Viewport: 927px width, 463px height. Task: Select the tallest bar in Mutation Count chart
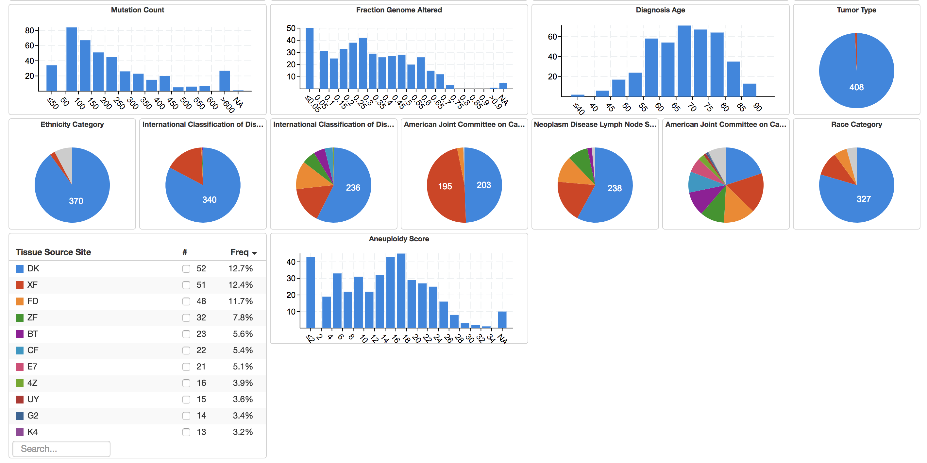[x=72, y=60]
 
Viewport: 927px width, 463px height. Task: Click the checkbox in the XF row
[x=186, y=285]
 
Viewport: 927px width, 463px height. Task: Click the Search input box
[x=61, y=449]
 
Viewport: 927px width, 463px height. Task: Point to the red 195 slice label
[x=445, y=186]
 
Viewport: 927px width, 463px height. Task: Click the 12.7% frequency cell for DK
[x=240, y=268]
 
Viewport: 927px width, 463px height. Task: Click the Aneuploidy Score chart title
[x=399, y=239]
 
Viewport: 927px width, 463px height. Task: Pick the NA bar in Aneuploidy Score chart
[x=502, y=320]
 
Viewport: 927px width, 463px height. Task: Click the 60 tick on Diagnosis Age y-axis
[x=552, y=37]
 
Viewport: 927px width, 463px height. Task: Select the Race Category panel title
[x=856, y=125]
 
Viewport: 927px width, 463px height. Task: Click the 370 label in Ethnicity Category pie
[x=76, y=201]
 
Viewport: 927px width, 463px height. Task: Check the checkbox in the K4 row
[x=186, y=432]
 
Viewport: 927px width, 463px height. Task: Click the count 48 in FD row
[x=201, y=301]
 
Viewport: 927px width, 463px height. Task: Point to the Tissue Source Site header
[x=53, y=252]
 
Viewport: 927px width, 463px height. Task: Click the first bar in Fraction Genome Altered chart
[x=310, y=58]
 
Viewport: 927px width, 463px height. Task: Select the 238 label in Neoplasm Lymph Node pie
[x=614, y=188]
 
